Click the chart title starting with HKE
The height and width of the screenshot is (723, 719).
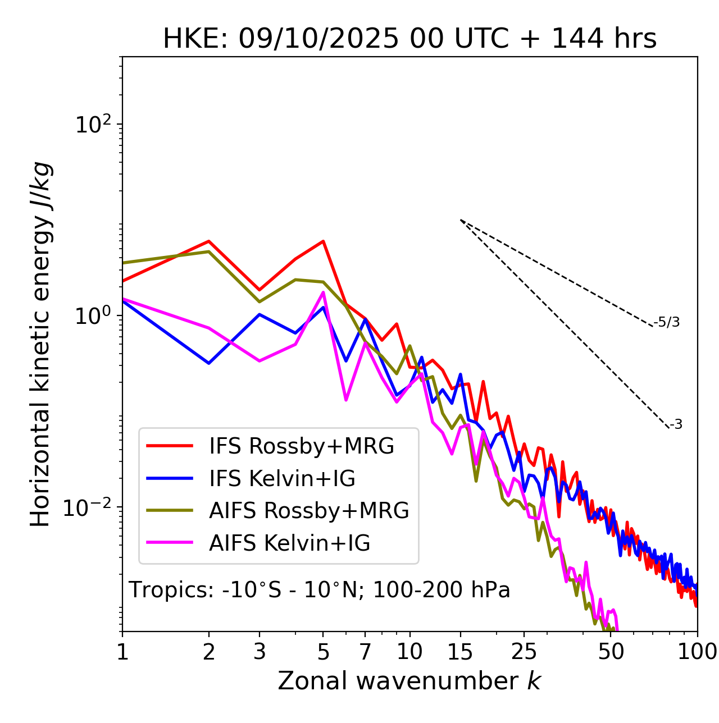click(409, 39)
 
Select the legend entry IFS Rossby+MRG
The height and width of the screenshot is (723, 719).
click(301, 446)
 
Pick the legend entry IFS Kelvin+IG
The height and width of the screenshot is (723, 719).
click(282, 478)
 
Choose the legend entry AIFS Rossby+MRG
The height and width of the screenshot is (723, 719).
click(309, 510)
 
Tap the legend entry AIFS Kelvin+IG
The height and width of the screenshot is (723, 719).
click(289, 543)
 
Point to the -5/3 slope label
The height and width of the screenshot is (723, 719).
click(667, 322)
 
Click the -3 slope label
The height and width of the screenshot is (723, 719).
click(676, 424)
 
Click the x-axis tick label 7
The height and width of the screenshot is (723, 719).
click(365, 652)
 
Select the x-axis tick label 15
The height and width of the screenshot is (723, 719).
click(460, 652)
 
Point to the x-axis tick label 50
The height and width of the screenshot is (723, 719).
click(611, 652)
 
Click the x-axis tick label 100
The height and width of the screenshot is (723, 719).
click(697, 652)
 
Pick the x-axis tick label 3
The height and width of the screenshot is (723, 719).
click(259, 652)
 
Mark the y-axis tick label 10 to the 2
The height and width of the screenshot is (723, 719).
click(93, 125)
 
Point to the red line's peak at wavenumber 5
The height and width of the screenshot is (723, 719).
click(323, 241)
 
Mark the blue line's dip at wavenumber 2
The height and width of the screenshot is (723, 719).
click(209, 363)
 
